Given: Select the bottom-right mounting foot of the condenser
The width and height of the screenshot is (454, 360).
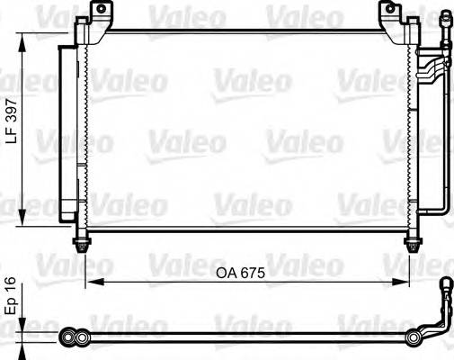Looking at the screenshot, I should pyautogui.click(x=413, y=244).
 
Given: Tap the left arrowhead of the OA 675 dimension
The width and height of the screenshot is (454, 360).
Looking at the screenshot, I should pyautogui.click(x=90, y=282).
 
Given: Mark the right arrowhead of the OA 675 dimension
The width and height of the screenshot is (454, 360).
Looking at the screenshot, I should pyautogui.click(x=407, y=282).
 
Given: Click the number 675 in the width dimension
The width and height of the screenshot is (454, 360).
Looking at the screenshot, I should pyautogui.click(x=259, y=272).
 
